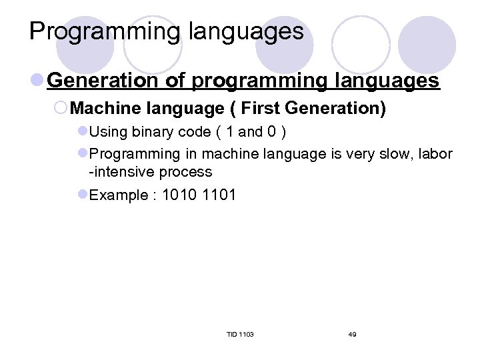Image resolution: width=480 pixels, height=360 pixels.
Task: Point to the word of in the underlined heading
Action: click(176, 81)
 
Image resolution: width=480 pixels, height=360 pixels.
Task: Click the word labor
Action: click(435, 154)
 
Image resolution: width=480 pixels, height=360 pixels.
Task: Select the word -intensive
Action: click(124, 172)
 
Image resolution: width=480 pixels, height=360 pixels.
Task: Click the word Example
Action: click(117, 195)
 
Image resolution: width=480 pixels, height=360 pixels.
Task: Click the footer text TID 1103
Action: click(240, 334)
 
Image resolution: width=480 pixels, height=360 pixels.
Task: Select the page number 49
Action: click(352, 334)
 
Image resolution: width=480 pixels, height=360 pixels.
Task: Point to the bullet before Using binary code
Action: click(83, 132)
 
